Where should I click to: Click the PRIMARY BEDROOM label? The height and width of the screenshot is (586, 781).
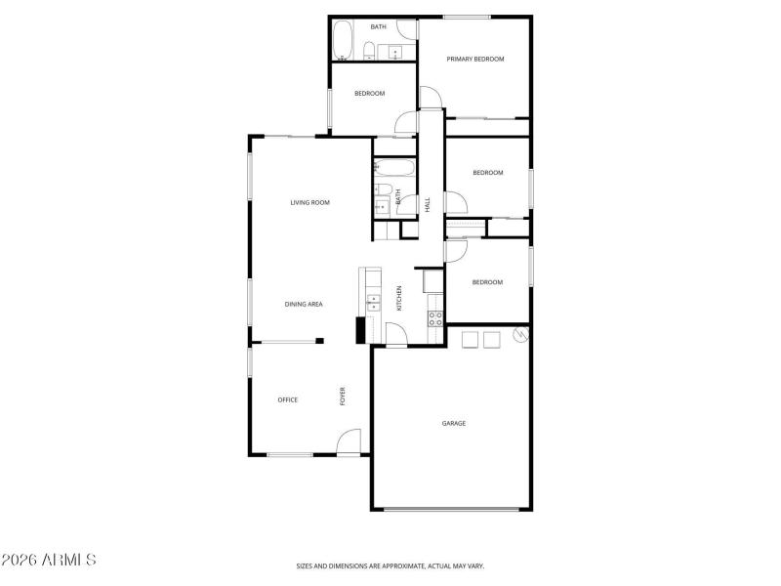[475, 60]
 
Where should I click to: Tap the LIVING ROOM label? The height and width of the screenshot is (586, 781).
[309, 203]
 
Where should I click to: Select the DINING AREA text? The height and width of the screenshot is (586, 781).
[304, 305]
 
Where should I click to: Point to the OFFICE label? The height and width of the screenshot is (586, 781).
[287, 400]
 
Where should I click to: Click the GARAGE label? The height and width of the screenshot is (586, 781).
[453, 424]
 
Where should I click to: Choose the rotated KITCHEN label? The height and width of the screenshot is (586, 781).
[398, 298]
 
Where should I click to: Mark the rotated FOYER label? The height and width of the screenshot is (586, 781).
[343, 397]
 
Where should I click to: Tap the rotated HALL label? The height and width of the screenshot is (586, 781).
[428, 204]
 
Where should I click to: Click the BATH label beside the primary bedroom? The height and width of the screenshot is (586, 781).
[377, 27]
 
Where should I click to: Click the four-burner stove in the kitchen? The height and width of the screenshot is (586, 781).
[435, 317]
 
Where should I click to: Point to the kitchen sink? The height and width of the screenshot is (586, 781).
[373, 302]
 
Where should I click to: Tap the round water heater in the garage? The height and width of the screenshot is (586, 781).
[520, 336]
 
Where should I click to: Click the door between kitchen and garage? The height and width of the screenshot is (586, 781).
[396, 334]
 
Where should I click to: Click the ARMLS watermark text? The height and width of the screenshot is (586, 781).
[48, 561]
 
